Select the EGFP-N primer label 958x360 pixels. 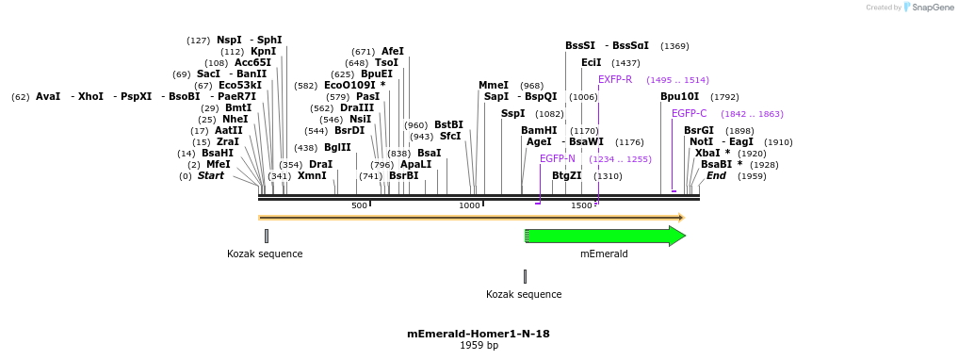pyautogui.click(x=557, y=159)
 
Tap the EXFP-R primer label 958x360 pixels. pyautogui.click(x=615, y=80)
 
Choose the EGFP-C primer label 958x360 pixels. pyautogui.click(x=689, y=114)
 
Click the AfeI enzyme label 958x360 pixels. pyautogui.click(x=392, y=52)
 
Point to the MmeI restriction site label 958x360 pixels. pyautogui.click(x=493, y=85)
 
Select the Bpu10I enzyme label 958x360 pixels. pyautogui.click(x=679, y=97)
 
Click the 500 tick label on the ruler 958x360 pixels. pyautogui.click(x=359, y=205)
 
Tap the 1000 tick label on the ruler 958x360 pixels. pyautogui.click(x=469, y=205)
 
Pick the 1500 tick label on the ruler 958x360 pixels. pyautogui.click(x=581, y=205)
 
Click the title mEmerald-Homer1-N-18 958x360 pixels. pyautogui.click(x=479, y=334)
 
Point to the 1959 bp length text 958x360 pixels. pyautogui.click(x=479, y=346)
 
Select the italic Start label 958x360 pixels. pyautogui.click(x=210, y=176)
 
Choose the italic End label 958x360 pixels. pyautogui.click(x=716, y=176)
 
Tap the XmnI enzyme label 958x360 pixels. pyautogui.click(x=312, y=176)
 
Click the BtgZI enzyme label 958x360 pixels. pyautogui.click(x=566, y=176)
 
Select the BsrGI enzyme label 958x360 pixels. pyautogui.click(x=698, y=131)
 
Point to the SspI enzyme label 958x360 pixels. pyautogui.click(x=512, y=114)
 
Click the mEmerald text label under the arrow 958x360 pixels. pyautogui.click(x=604, y=254)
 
